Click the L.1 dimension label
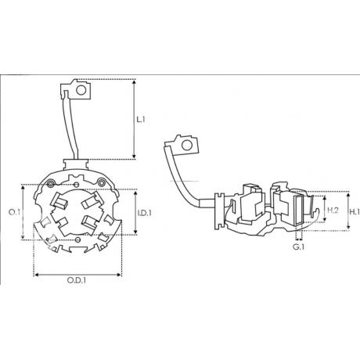[x=141, y=120]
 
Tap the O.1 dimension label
[x=14, y=212]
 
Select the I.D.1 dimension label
[x=145, y=213]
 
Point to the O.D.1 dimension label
[x=77, y=280]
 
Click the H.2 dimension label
[x=333, y=211]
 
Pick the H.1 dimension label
[x=355, y=212]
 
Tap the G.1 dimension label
[x=298, y=247]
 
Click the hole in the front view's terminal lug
[x=81, y=90]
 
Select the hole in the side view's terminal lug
[x=187, y=145]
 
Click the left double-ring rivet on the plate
[x=51, y=184]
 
